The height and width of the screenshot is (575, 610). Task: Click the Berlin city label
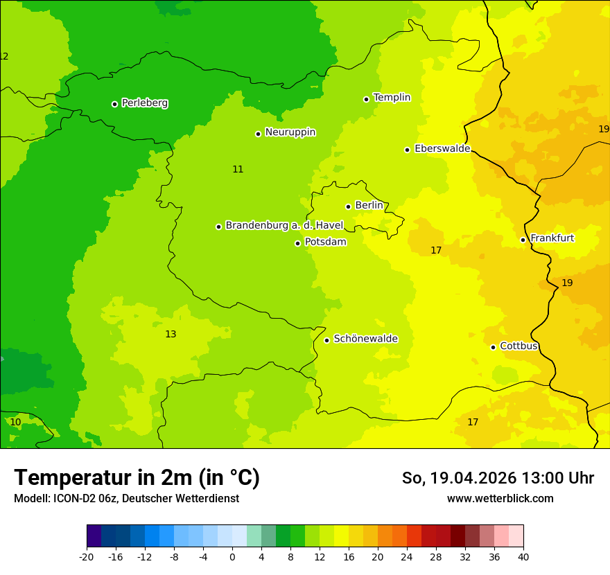pos(369,206)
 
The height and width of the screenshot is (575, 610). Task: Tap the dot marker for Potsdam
pos(298,243)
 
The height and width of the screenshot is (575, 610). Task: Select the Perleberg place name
pos(144,103)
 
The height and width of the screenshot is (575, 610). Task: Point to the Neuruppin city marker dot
pos(258,134)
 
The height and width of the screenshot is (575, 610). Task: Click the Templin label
pos(392,98)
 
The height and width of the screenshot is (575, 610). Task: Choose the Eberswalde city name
pos(442,149)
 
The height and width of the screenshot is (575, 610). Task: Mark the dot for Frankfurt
pos(523,240)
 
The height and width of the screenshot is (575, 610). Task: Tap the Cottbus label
pos(518,346)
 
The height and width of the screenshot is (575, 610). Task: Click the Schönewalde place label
pos(365,339)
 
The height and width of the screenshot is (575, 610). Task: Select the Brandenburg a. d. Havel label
pos(284,225)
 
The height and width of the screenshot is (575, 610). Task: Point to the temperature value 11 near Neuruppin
pos(238,169)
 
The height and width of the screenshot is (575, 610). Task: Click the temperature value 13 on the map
pos(171,335)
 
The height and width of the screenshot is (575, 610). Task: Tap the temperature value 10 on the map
pos(15,422)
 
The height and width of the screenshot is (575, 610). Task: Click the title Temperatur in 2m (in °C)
pos(137,478)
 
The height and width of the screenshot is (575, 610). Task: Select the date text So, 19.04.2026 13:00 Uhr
pos(498,478)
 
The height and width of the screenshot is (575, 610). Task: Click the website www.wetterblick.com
pos(500,498)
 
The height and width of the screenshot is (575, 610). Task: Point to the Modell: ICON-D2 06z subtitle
pos(126,498)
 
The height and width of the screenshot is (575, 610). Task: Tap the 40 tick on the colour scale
pos(523,556)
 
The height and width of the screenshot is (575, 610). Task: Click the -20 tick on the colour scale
pos(87,556)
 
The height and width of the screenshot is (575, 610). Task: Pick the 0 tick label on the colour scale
pos(232,556)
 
